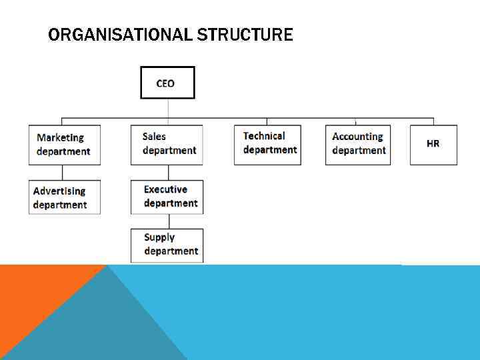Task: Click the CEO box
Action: coord(167,83)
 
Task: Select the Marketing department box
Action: coord(64,145)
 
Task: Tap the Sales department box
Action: coord(167,144)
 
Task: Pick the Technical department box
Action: coord(267,144)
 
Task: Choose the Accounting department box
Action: coord(359,144)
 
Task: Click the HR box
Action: coord(433,144)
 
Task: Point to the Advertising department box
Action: coord(64,197)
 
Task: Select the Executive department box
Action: coord(167,197)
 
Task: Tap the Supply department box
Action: coord(167,245)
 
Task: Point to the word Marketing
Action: coord(60,138)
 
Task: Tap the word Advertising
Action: coord(59,191)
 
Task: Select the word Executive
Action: coord(165,189)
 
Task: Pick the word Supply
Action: coord(159,237)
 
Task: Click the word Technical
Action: coord(264,136)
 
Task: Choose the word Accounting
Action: coord(357,137)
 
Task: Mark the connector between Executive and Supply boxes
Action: coord(169,221)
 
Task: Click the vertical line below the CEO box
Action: coord(168,109)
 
